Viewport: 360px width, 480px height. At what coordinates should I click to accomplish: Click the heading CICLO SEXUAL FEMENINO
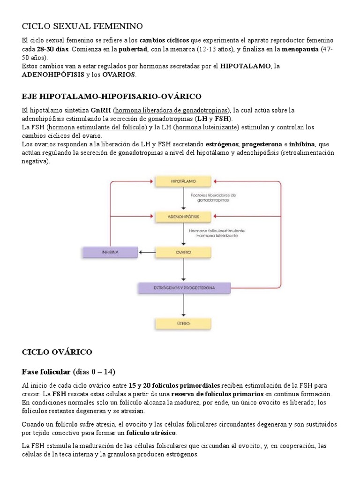tap(82, 26)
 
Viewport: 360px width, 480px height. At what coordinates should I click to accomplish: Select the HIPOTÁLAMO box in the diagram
tap(183, 180)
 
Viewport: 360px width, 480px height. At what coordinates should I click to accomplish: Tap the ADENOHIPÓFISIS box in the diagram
tap(183, 217)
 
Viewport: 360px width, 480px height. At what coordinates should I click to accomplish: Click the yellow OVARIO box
tap(183, 252)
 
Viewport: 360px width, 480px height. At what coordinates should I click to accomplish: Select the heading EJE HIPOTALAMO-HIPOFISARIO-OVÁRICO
tap(112, 97)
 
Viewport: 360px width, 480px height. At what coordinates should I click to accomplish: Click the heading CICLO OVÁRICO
tap(57, 352)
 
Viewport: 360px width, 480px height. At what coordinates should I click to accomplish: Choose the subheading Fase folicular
tap(46, 372)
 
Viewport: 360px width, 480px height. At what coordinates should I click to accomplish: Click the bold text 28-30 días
tap(53, 49)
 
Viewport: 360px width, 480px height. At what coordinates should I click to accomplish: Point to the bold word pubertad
tap(134, 49)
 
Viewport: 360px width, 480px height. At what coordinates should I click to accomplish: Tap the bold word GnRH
tap(101, 110)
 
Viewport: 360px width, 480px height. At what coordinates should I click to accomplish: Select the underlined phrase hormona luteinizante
tap(206, 127)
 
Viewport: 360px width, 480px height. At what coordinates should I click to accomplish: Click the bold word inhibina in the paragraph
tap(302, 144)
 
